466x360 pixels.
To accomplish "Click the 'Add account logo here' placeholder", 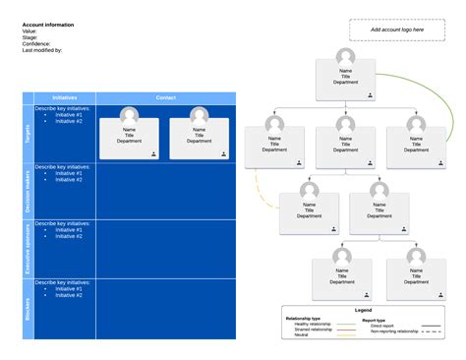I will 397,30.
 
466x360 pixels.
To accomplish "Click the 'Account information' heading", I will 48,25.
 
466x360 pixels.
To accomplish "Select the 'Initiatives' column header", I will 65,97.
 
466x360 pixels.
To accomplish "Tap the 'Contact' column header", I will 165,97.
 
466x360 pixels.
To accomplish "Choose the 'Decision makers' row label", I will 28,191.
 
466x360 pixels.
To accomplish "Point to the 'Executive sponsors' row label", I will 28,249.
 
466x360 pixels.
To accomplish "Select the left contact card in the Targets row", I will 130,132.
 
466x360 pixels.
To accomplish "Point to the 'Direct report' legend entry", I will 382,325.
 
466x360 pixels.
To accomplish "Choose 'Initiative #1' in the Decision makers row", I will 69,173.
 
